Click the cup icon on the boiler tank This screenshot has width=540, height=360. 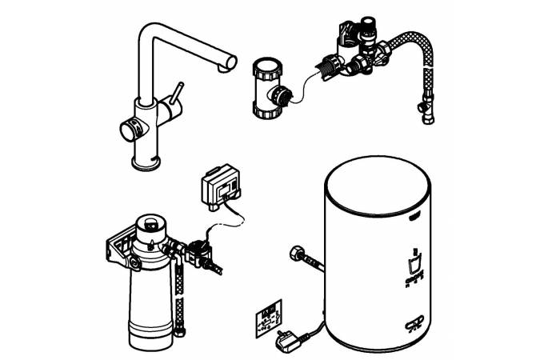[x=414, y=264]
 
